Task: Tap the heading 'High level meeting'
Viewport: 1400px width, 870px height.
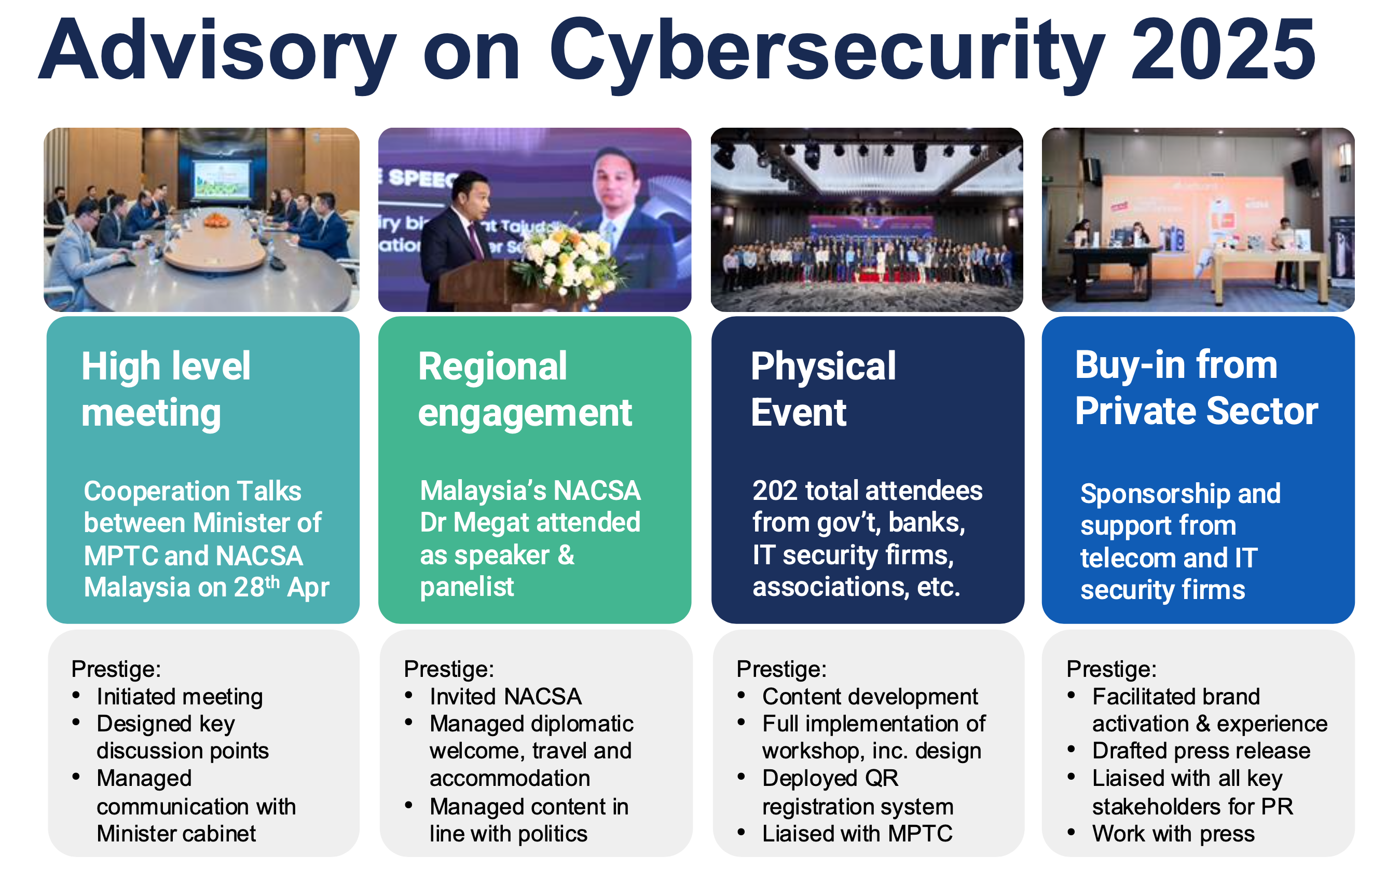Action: click(166, 389)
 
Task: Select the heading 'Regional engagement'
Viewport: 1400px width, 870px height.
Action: click(525, 389)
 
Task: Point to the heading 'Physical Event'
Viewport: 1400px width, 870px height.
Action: click(823, 389)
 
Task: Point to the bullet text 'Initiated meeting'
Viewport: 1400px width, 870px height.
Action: click(180, 697)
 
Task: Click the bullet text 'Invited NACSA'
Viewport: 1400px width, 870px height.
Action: click(505, 697)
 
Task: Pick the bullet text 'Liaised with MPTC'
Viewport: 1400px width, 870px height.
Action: click(857, 834)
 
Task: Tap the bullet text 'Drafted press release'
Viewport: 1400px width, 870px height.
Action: click(1201, 751)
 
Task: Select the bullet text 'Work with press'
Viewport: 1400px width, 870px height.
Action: click(1173, 834)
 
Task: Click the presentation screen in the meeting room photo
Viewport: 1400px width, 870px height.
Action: click(222, 179)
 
